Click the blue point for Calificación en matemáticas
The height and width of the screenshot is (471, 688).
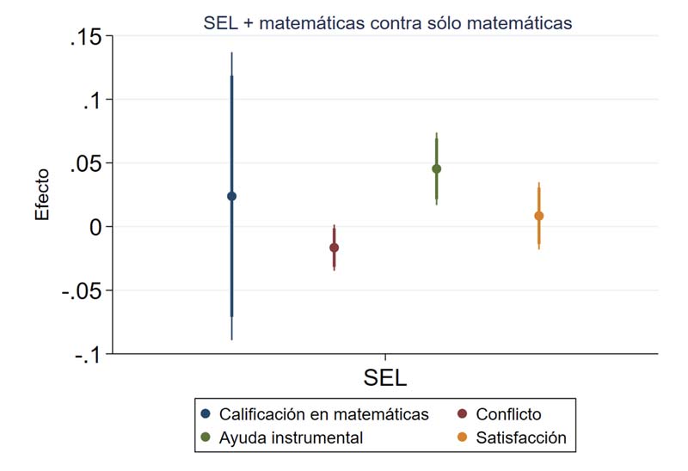pos(231,196)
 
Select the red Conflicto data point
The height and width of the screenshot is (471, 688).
pos(334,248)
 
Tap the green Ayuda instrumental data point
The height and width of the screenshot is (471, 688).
pos(436,168)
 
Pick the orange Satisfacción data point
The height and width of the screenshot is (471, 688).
pos(538,216)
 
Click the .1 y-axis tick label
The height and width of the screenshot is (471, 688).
pos(92,101)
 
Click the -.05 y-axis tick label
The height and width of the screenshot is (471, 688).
pos(82,291)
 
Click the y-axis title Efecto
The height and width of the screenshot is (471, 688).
pos(42,195)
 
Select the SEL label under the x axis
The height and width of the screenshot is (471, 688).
pos(384,378)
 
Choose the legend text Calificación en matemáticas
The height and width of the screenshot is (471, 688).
pos(324,414)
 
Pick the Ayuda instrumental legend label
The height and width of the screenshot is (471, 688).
pos(292,437)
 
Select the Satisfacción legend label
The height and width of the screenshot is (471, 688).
pos(523,437)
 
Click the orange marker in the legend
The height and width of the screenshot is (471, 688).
pos(462,437)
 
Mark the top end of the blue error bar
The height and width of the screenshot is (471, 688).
pos(231,53)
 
